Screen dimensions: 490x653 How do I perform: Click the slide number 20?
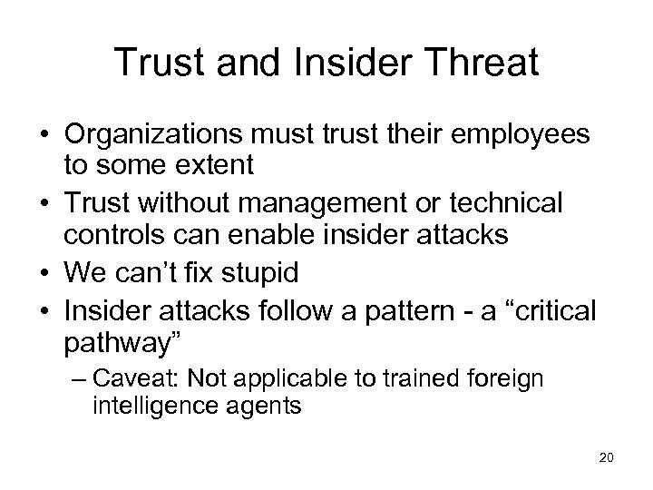click(x=607, y=458)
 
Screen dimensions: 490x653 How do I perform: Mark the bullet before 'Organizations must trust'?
click(x=42, y=137)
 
